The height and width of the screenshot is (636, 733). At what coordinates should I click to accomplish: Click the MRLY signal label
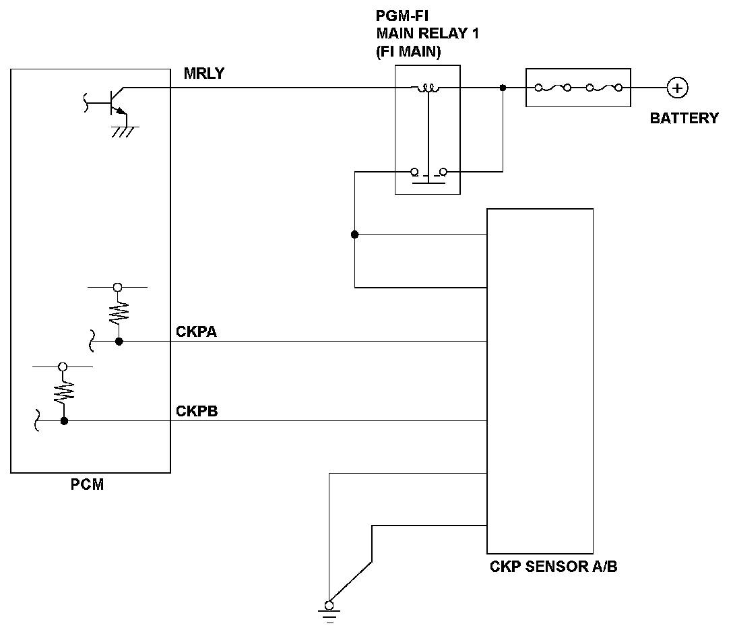coord(203,74)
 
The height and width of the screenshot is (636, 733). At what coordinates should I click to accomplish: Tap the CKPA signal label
coord(197,331)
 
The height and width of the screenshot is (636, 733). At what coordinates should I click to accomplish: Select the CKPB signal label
coord(197,411)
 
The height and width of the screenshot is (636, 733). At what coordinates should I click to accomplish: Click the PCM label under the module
coord(88,484)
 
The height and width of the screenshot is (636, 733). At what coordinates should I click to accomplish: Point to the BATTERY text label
coord(684,119)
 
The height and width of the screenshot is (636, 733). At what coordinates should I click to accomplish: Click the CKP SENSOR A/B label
coord(553,567)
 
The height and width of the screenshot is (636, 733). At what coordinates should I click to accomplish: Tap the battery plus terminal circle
coord(677,88)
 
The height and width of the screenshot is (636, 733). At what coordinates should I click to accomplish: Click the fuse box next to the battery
coord(578,88)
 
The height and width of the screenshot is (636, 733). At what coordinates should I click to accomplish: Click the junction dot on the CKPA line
coord(119,342)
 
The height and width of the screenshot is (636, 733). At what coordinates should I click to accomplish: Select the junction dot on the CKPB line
coord(64,421)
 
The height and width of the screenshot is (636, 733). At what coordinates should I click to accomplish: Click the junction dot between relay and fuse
coord(503,88)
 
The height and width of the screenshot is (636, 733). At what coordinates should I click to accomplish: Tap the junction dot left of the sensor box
coord(355,234)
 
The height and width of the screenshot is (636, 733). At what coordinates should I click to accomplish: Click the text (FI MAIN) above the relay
coord(408,53)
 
